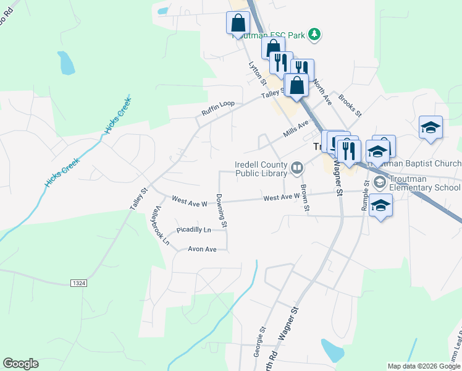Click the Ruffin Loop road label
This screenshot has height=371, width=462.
pyautogui.click(x=217, y=108)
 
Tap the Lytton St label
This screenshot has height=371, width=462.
pyautogui.click(x=257, y=73)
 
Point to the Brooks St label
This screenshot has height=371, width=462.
pyautogui.click(x=350, y=105)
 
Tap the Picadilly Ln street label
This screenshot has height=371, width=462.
pyautogui.click(x=193, y=230)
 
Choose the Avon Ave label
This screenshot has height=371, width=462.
pyautogui.click(x=202, y=249)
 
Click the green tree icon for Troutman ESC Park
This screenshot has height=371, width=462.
pyautogui.click(x=314, y=35)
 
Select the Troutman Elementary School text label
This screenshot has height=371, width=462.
pyautogui.click(x=421, y=187)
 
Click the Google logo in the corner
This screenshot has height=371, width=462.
pyautogui.click(x=20, y=364)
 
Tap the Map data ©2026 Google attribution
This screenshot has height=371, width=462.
pyautogui.click(x=424, y=366)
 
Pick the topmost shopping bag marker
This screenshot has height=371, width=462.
pyautogui.click(x=238, y=23)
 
